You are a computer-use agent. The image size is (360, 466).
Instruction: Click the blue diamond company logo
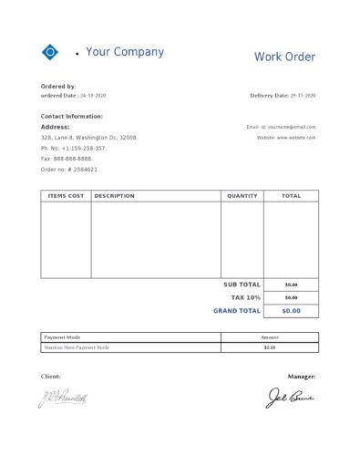pyautogui.click(x=50, y=53)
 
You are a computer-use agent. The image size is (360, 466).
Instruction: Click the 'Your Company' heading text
pyautogui.click(x=125, y=52)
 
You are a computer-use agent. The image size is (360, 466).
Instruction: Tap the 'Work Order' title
pyautogui.click(x=284, y=57)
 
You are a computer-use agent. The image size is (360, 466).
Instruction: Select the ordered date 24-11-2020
pyautogui.click(x=93, y=95)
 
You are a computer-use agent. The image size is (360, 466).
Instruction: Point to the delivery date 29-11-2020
pyautogui.click(x=303, y=95)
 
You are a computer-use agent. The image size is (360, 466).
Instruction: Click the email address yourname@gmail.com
pyautogui.click(x=292, y=127)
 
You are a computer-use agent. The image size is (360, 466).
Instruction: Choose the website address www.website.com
pyautogui.click(x=296, y=137)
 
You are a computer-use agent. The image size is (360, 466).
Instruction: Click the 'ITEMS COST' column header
pyautogui.click(x=66, y=196)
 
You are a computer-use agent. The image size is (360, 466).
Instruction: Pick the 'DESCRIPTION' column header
pyautogui.click(x=114, y=196)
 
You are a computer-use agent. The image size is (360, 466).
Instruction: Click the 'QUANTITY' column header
pyautogui.click(x=242, y=196)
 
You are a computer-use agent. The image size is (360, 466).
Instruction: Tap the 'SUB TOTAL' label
pyautogui.click(x=242, y=285)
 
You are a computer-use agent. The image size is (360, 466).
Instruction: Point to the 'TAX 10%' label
pyautogui.click(x=245, y=297)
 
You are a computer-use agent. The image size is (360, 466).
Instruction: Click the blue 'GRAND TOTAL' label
pyautogui.click(x=237, y=311)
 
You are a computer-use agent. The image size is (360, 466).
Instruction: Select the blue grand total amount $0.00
pyautogui.click(x=291, y=311)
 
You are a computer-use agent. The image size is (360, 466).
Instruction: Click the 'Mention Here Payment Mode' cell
pyautogui.click(x=77, y=347)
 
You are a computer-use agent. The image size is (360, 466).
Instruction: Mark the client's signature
pyautogui.click(x=62, y=398)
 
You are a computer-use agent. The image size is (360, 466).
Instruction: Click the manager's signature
pyautogui.click(x=289, y=398)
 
